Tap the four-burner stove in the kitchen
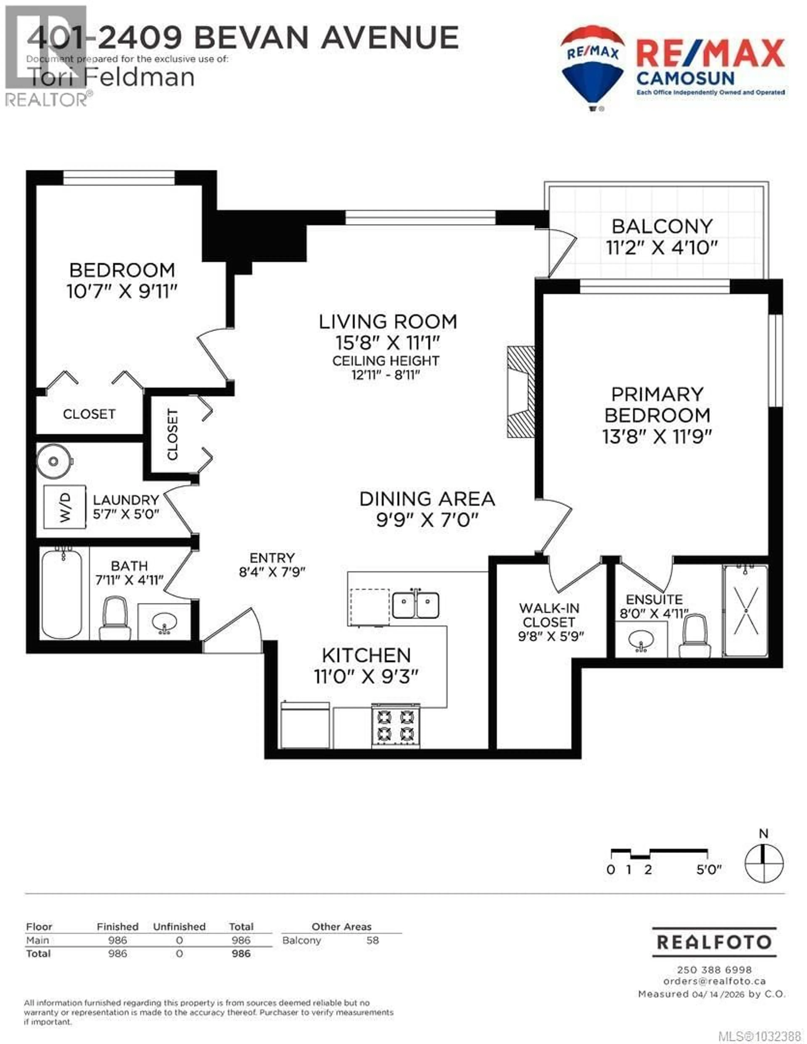pyautogui.click(x=395, y=725)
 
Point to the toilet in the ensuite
pyautogui.click(x=695, y=636)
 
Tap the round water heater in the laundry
pyautogui.click(x=54, y=461)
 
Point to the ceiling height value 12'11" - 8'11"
pyautogui.click(x=385, y=375)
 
